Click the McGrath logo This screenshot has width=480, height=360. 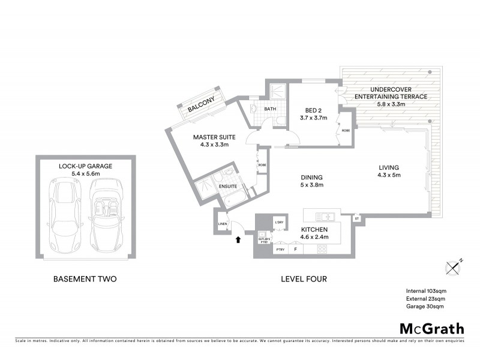[x=432, y=328]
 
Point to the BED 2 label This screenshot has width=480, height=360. [x=313, y=110]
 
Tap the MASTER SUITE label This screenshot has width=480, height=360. [x=214, y=137]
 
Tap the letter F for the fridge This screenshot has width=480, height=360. [x=295, y=249]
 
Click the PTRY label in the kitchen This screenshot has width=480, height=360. [x=280, y=249]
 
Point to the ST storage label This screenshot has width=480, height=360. [x=356, y=218]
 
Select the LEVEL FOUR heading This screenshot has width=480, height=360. [x=304, y=279]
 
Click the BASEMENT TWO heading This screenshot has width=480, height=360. [x=85, y=279]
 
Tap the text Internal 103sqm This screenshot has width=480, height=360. [x=425, y=291]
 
